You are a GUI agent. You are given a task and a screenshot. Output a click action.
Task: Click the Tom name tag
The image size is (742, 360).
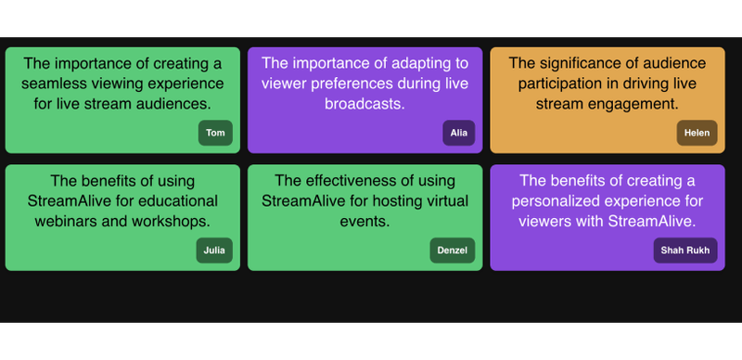click(x=215, y=133)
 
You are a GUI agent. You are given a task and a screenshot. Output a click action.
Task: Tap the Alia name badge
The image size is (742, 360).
click(x=458, y=133)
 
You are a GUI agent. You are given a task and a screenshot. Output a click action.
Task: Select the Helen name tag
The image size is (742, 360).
click(x=697, y=133)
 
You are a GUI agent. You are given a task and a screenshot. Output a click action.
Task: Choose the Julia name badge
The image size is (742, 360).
click(x=214, y=250)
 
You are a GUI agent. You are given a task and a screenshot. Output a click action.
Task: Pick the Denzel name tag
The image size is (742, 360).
click(x=454, y=250)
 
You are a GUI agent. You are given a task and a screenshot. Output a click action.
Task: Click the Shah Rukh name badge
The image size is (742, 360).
click(x=685, y=250)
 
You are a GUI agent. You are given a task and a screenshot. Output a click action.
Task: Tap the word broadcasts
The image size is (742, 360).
click(x=364, y=104)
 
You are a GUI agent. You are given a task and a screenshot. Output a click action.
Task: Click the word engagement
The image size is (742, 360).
click(x=633, y=104)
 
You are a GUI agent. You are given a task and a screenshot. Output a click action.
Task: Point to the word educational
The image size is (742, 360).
click(x=174, y=200)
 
